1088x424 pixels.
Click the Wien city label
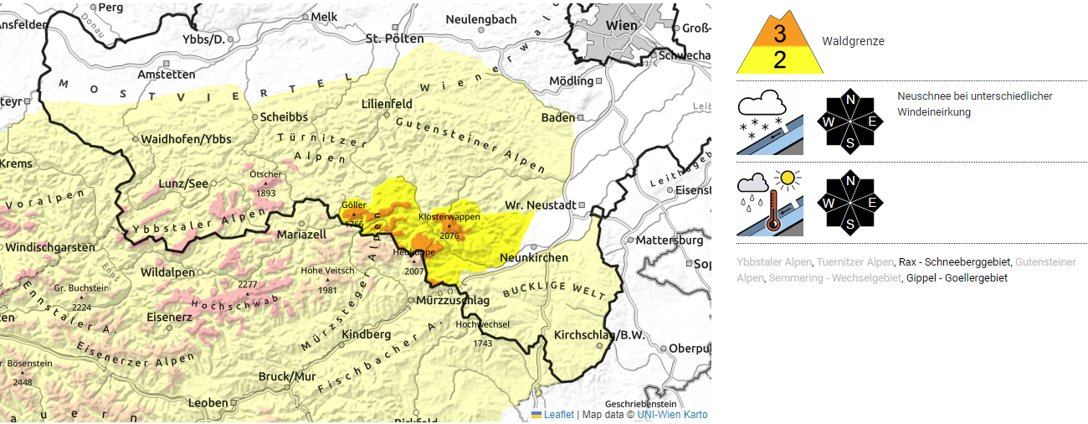(x=621, y=25)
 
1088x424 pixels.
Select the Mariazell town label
(x=301, y=235)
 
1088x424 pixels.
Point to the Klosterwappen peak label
(x=449, y=217)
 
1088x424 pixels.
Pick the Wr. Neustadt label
(x=540, y=205)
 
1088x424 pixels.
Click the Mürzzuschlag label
(x=453, y=300)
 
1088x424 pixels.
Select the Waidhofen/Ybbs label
(x=186, y=138)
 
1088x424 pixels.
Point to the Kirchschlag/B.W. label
(x=597, y=335)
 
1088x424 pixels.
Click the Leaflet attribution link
(x=558, y=415)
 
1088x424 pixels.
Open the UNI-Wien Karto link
(x=672, y=415)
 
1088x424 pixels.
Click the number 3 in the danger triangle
(x=780, y=34)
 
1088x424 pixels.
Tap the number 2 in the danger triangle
(x=780, y=60)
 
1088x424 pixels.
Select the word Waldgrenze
(x=853, y=41)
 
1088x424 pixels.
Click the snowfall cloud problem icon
(x=769, y=123)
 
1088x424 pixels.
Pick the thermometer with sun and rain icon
(x=769, y=204)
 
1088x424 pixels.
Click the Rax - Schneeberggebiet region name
(x=953, y=262)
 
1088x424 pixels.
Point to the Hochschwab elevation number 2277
(x=247, y=285)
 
